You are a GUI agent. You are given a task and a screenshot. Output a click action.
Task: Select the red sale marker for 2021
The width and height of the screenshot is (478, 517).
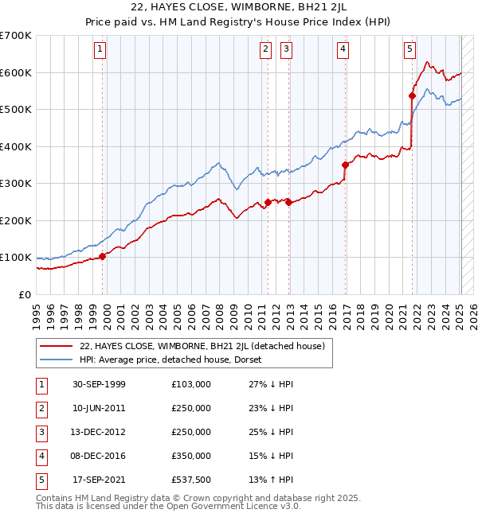[x=413, y=96]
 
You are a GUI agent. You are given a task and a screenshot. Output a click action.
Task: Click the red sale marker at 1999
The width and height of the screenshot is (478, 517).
[x=103, y=256]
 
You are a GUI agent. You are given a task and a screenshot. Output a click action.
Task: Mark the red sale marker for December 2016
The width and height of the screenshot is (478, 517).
[x=346, y=165]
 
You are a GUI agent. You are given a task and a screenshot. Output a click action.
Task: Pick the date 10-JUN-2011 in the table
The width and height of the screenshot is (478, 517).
[x=100, y=407]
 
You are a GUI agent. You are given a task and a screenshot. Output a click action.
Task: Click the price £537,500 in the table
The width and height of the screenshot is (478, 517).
[x=191, y=479]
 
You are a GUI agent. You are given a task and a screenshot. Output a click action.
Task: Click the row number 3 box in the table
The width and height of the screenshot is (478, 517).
[x=41, y=431]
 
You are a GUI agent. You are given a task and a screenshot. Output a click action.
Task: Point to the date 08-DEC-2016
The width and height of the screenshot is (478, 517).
[x=100, y=455]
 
